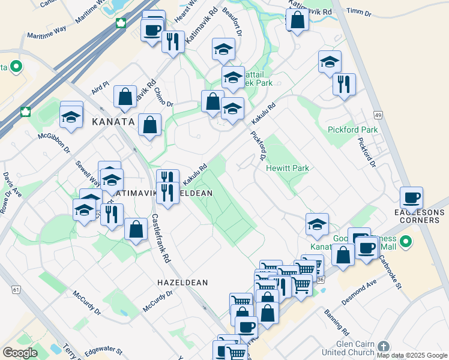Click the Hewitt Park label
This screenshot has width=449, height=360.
pyautogui.click(x=288, y=169)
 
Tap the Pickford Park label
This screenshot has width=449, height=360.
pyautogui.click(x=352, y=130)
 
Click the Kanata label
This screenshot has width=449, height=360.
pyautogui.click(x=113, y=122)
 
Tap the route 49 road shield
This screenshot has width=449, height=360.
pyautogui.click(x=378, y=115)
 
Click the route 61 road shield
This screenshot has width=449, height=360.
pyautogui.click(x=16, y=290)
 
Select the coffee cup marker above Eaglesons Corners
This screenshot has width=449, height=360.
pyautogui.click(x=411, y=197)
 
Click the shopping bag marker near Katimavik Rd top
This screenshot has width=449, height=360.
pyautogui.click(x=297, y=20)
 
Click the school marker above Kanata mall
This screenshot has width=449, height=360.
pyautogui.click(x=317, y=223)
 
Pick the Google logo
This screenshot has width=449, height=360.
pyautogui.click(x=20, y=352)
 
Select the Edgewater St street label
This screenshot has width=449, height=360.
pyautogui.click(x=103, y=350)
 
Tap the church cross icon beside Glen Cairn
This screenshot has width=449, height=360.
pyautogui.click(x=384, y=347)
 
